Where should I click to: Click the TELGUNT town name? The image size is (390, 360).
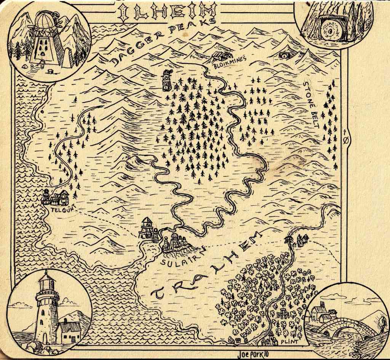(x=58, y=208)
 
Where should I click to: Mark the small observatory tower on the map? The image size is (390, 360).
(x=166, y=80)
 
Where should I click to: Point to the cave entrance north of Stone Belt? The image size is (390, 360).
(x=283, y=56)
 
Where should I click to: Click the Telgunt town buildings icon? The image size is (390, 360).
(x=56, y=197)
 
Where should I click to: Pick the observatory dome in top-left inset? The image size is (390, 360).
(x=45, y=21)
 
